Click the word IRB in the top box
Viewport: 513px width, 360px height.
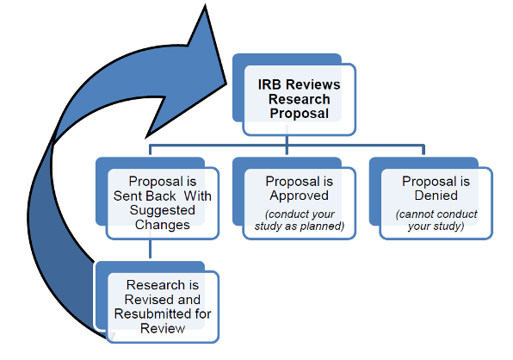tap(273, 84)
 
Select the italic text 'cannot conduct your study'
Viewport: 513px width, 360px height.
tap(436, 220)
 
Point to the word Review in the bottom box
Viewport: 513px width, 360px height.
tap(162, 328)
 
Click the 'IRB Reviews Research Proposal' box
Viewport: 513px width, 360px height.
tap(298, 99)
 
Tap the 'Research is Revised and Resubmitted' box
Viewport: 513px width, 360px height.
tap(162, 307)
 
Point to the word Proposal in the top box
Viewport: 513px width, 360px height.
tap(298, 114)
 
